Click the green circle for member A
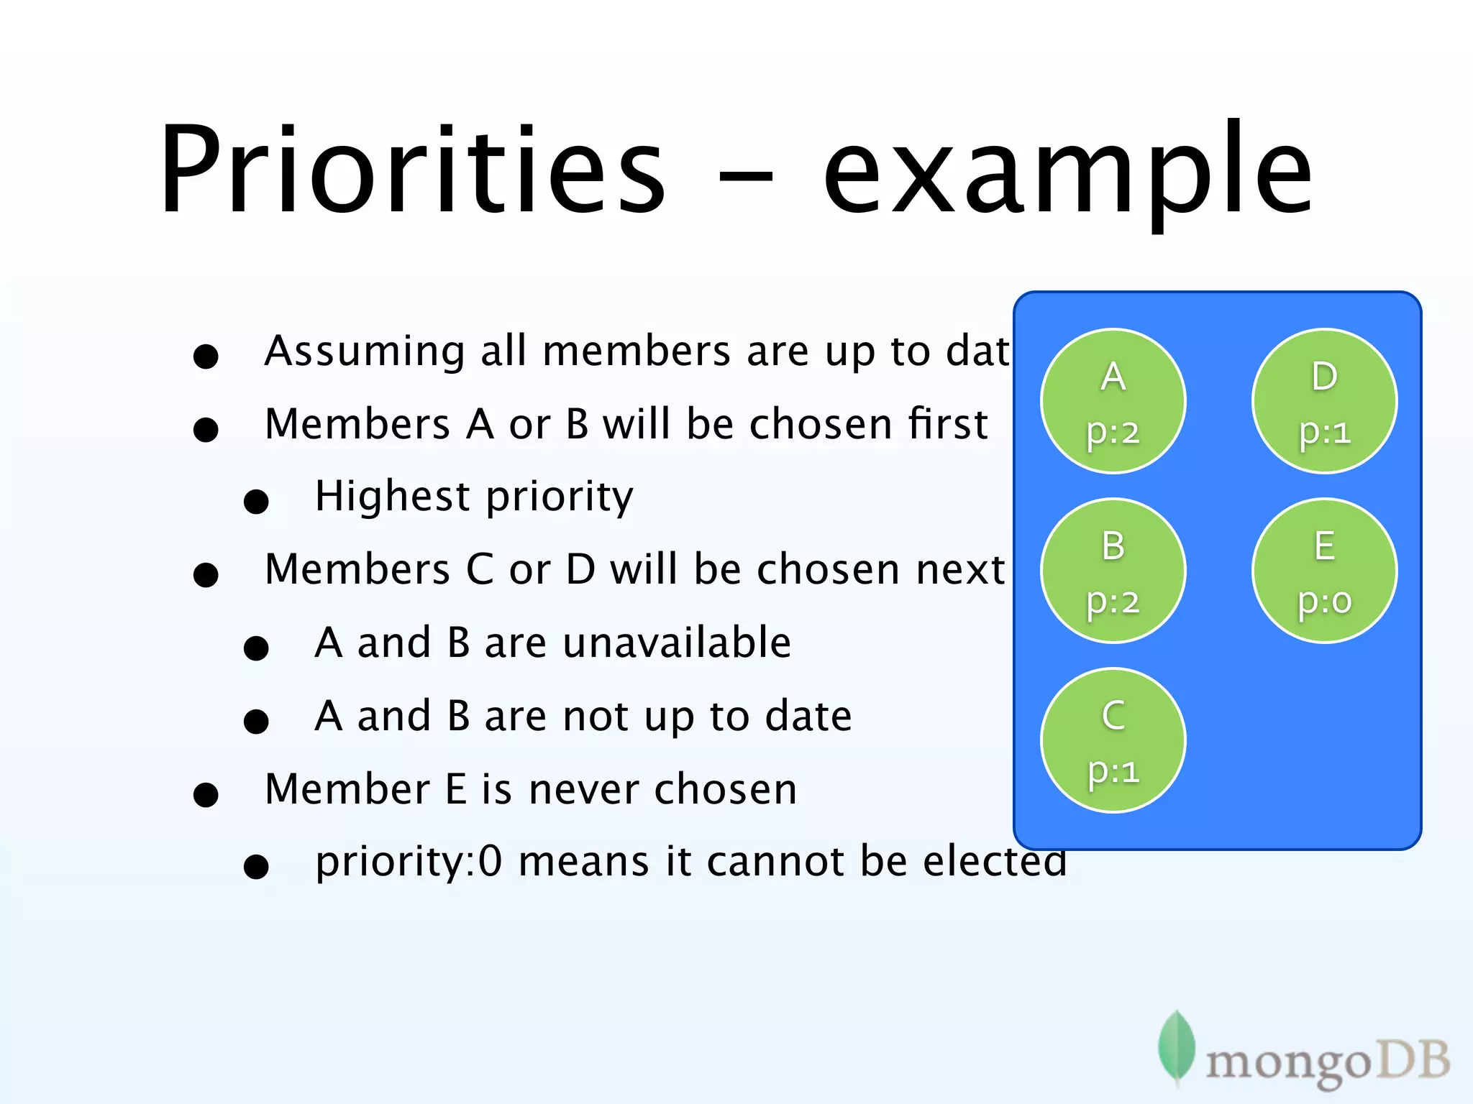(1113, 401)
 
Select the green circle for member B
(1113, 571)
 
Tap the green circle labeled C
(1113, 740)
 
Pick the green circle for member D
(1324, 401)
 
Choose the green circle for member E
(1324, 571)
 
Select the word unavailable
(677, 643)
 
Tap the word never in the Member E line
(583, 789)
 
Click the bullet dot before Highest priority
(256, 502)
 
